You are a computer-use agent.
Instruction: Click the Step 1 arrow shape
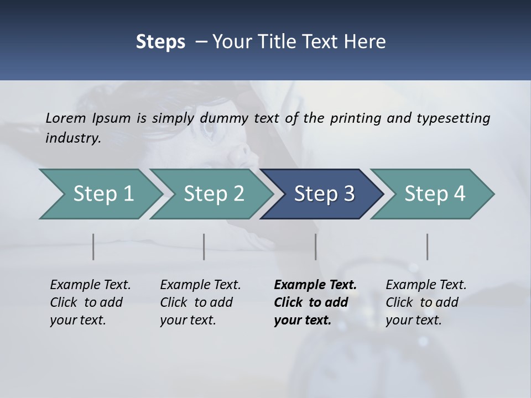pyautogui.click(x=100, y=194)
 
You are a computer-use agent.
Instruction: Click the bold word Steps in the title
pyautogui.click(x=160, y=41)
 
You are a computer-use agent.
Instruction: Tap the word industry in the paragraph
pyautogui.click(x=72, y=138)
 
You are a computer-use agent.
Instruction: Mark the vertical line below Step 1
pyautogui.click(x=93, y=247)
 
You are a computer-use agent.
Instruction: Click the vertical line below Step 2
pyautogui.click(x=204, y=247)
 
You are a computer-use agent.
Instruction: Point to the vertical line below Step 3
pyautogui.click(x=316, y=247)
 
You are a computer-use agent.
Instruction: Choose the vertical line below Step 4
pyautogui.click(x=428, y=247)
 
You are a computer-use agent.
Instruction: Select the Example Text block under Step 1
pyautogui.click(x=90, y=302)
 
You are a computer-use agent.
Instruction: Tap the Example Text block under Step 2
pyautogui.click(x=200, y=302)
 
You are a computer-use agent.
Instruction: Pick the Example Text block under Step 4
pyautogui.click(x=426, y=302)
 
